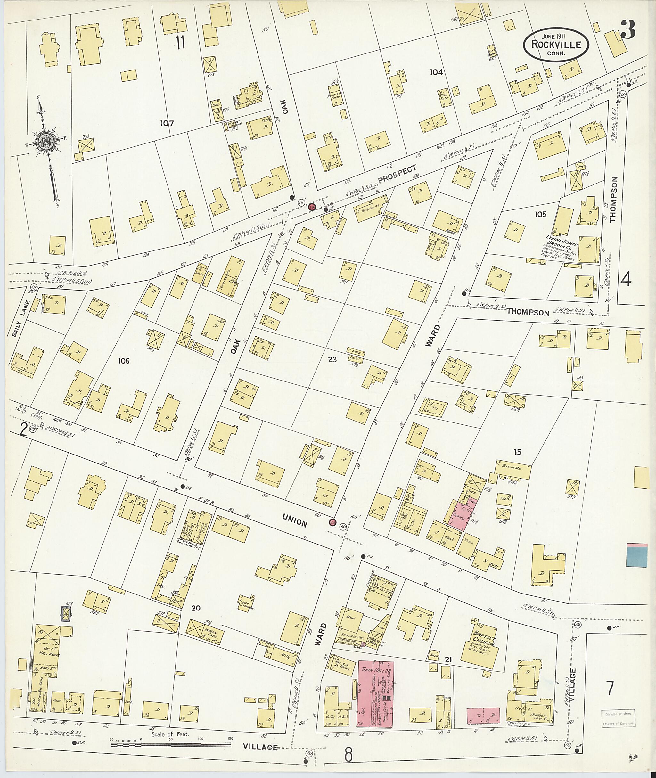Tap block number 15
point(518,452)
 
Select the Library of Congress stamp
point(618,718)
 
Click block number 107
point(167,123)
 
